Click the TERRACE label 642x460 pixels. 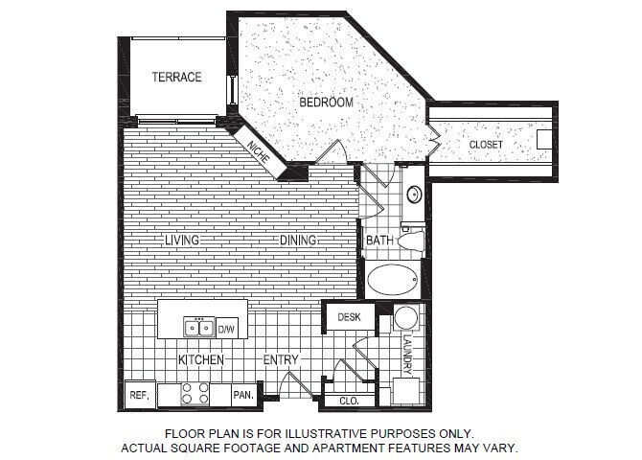[x=176, y=77]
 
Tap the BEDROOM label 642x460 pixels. [x=327, y=102]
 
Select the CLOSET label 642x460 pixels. [x=486, y=145]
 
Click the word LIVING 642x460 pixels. [x=181, y=240]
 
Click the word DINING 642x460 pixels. [x=298, y=240]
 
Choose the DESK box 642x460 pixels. [x=348, y=316]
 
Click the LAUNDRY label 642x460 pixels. [x=407, y=354]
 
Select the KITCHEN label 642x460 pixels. [x=201, y=359]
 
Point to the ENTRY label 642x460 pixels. [x=282, y=359]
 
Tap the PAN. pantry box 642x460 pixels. [x=243, y=394]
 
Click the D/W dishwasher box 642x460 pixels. [x=227, y=329]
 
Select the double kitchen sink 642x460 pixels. [x=199, y=328]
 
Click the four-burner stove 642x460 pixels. [x=196, y=393]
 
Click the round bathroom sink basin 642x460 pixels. [x=414, y=195]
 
